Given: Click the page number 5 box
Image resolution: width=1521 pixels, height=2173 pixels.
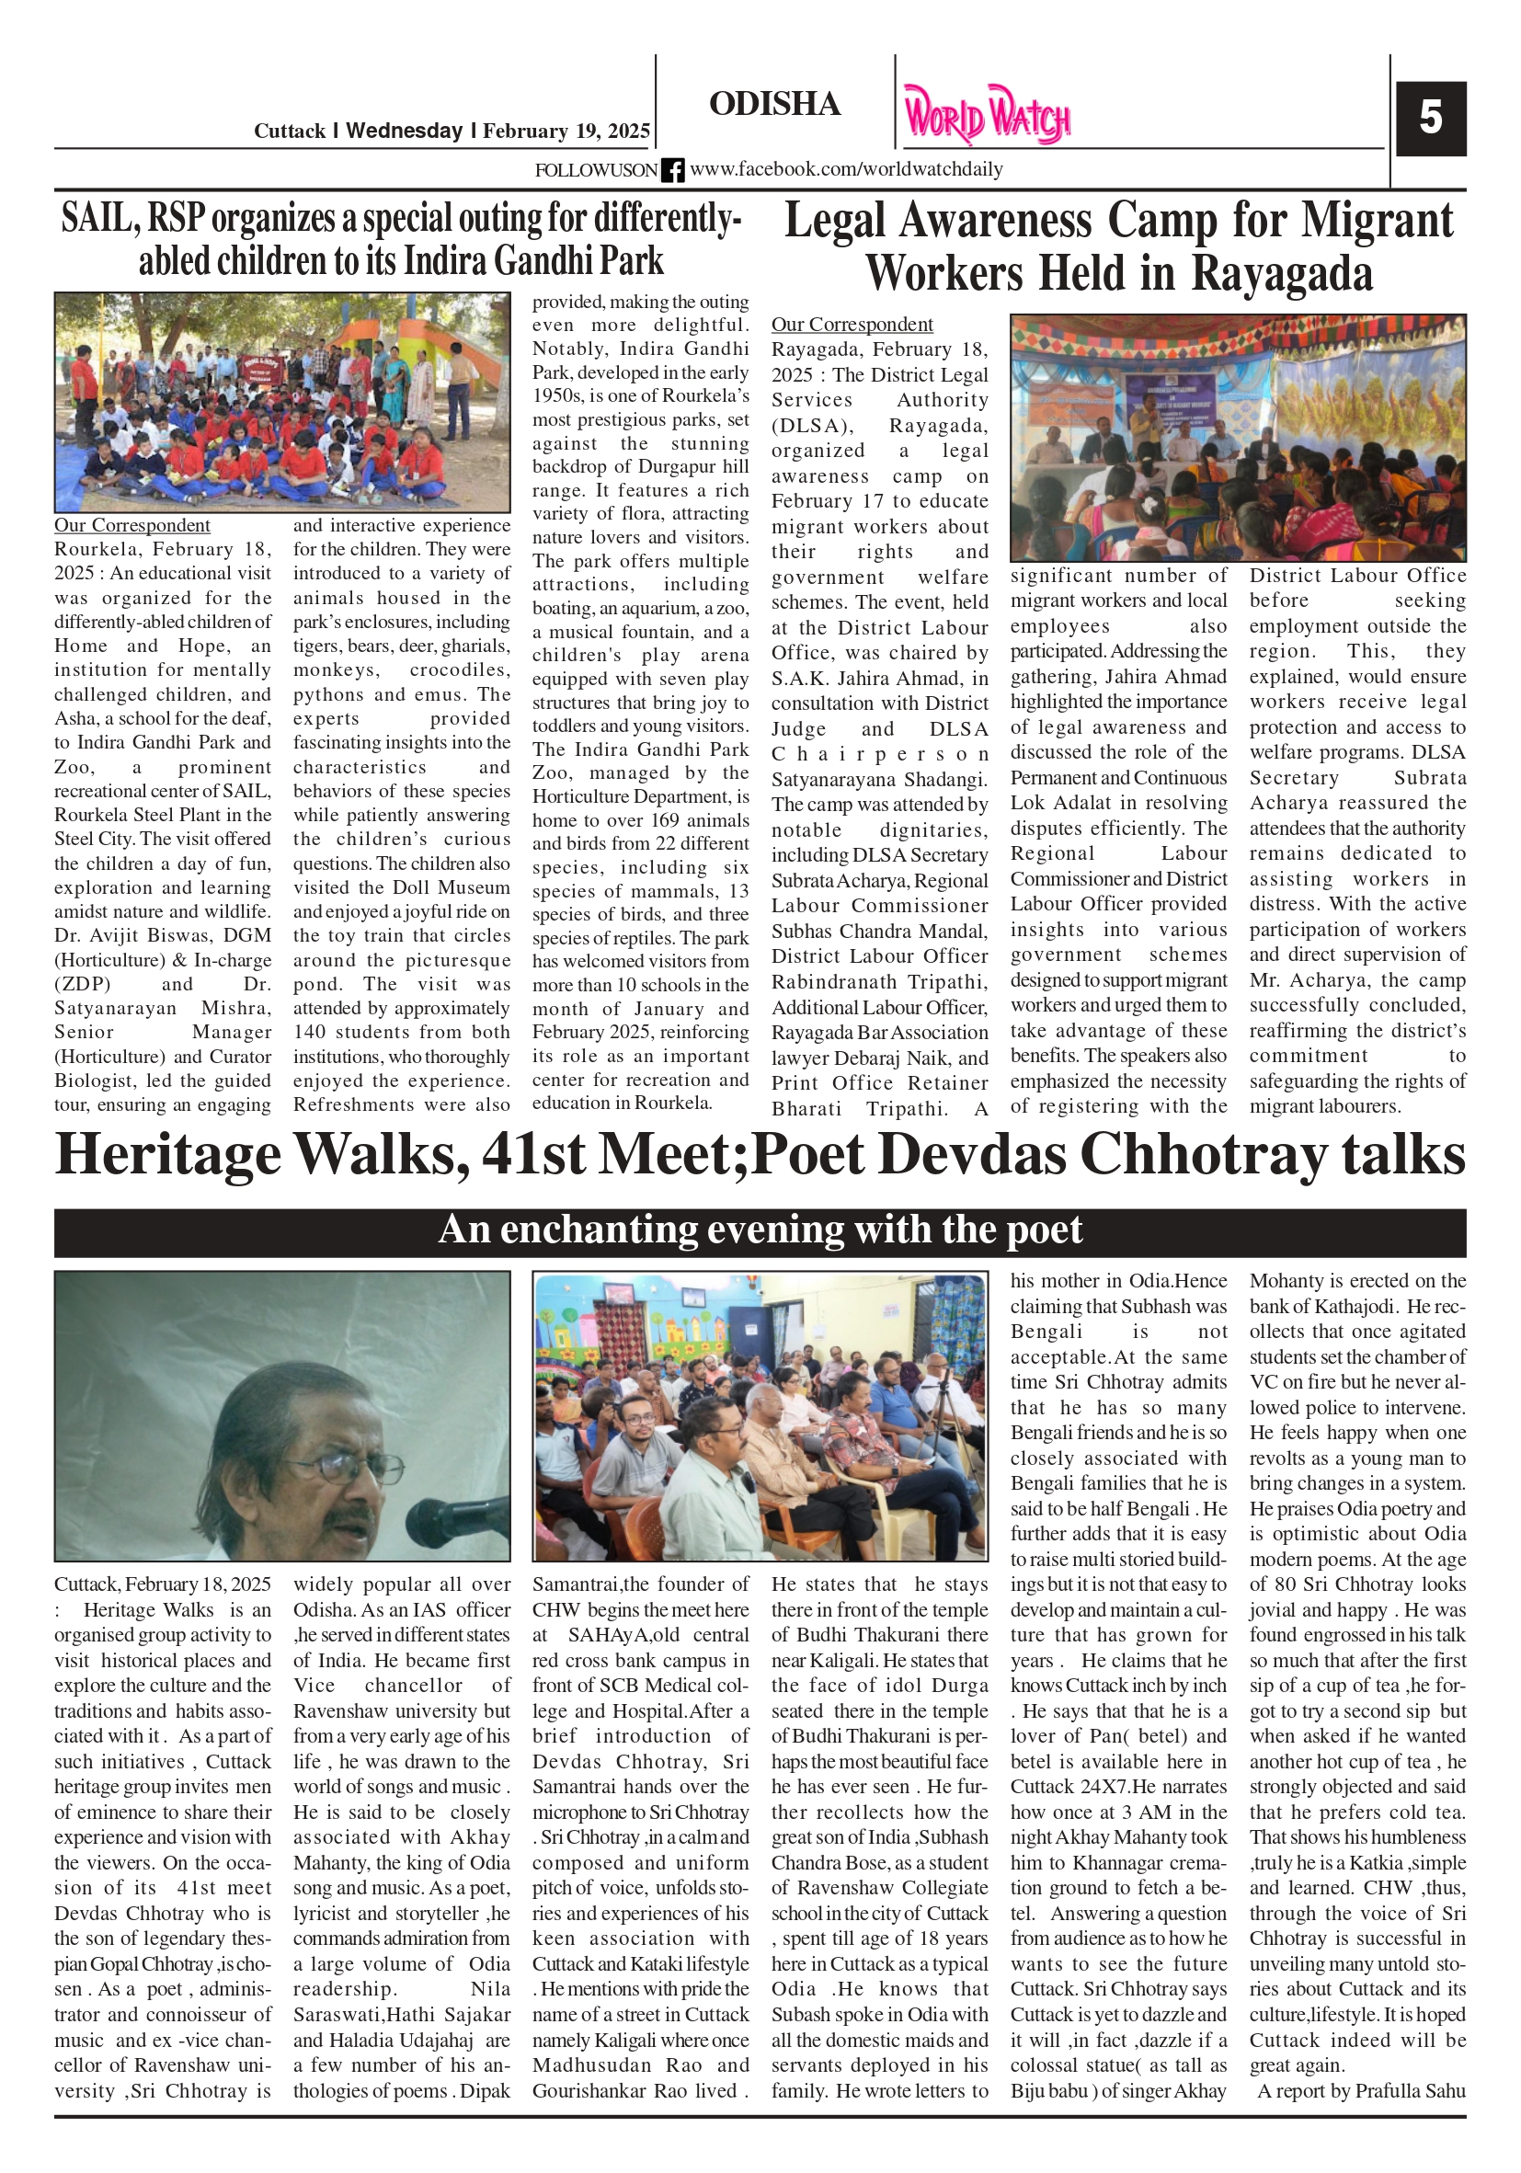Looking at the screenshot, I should pyautogui.click(x=1430, y=120).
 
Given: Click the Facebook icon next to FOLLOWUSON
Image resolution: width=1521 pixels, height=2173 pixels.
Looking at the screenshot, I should pyautogui.click(x=672, y=170).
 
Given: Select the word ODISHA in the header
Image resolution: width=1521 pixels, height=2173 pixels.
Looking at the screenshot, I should pyautogui.click(x=774, y=104).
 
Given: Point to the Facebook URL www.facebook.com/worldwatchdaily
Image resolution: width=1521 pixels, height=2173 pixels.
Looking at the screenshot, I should pyautogui.click(x=845, y=169).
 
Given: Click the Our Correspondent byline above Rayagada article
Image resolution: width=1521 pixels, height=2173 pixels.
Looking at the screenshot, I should pyautogui.click(x=852, y=325).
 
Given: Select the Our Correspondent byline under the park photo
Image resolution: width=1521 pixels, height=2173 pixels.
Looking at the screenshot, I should pyautogui.click(x=132, y=525).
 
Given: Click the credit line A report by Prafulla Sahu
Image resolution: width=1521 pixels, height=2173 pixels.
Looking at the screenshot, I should pyautogui.click(x=1360, y=2090).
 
